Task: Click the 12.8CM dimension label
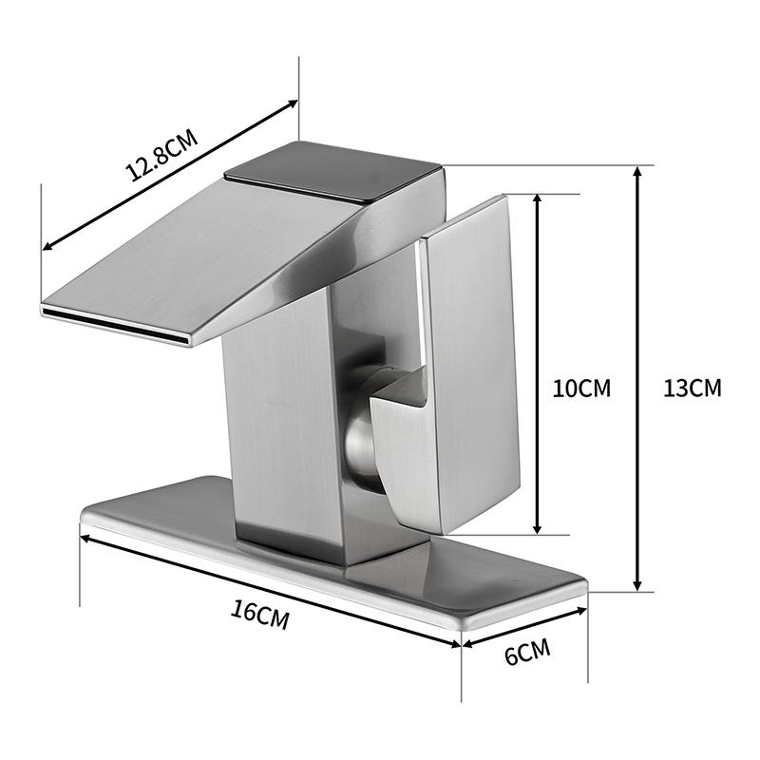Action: [x=161, y=156]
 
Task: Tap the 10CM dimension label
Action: [x=581, y=388]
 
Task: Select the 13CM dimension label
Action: [x=693, y=388]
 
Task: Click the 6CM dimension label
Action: [x=527, y=655]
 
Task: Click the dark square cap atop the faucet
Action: [x=332, y=171]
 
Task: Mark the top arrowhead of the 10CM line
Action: [x=538, y=199]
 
